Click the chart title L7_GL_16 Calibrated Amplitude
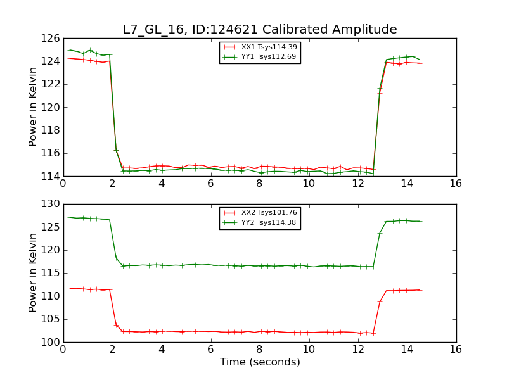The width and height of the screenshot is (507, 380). [260, 30]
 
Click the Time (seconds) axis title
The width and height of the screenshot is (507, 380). [260, 362]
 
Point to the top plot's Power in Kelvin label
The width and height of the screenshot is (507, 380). [33, 107]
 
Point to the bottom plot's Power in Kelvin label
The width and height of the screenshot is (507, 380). [33, 273]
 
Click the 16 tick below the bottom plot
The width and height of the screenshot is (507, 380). [456, 349]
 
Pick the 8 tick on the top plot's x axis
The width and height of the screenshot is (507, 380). [259, 183]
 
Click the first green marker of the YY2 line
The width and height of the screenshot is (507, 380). [70, 217]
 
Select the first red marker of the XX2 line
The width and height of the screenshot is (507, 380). [70, 289]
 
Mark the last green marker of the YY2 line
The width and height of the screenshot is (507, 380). [420, 221]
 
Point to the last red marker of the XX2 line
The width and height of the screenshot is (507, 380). [420, 290]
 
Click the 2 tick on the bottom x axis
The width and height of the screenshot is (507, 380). [112, 349]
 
